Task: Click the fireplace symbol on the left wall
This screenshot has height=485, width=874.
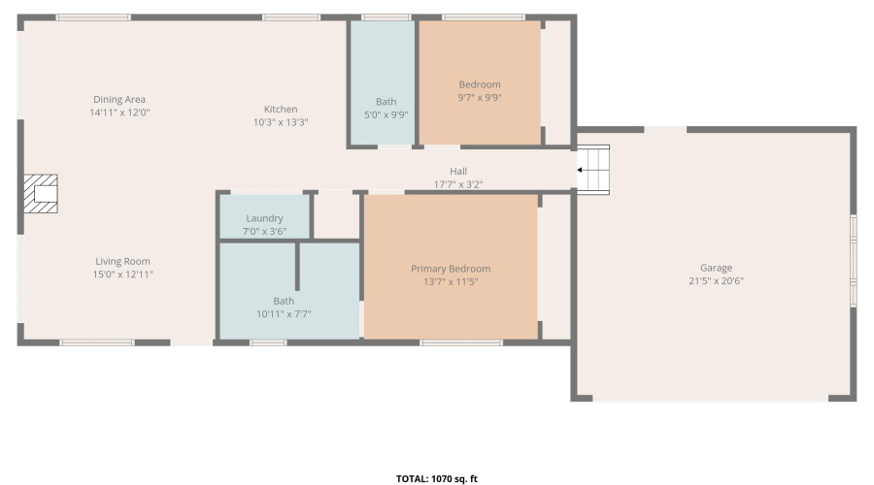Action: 41,193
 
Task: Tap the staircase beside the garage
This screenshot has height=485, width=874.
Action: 593,170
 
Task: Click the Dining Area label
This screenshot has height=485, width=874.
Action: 119,99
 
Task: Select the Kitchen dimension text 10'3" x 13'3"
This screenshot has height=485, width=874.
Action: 281,123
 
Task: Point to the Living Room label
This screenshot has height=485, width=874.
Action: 122,261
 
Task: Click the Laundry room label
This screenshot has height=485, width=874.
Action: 264,218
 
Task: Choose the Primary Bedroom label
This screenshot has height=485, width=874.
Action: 451,269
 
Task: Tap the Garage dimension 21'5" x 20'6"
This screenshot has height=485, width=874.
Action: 717,281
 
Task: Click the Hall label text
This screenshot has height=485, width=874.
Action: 458,171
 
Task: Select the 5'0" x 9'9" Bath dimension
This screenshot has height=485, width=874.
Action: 386,114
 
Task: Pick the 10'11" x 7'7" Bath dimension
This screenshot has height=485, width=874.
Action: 284,313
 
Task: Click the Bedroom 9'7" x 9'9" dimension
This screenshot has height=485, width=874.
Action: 480,97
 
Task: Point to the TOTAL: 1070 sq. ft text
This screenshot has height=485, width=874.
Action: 437,478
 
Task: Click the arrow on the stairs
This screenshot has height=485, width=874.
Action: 582,170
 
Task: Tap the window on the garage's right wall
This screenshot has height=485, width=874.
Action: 854,260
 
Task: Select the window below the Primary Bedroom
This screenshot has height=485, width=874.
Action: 461,341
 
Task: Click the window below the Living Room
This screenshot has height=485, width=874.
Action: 97,341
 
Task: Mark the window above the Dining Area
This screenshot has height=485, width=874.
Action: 93,17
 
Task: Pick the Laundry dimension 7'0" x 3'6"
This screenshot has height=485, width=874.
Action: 264,231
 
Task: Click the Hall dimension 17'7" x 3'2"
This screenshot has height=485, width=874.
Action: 458,183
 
